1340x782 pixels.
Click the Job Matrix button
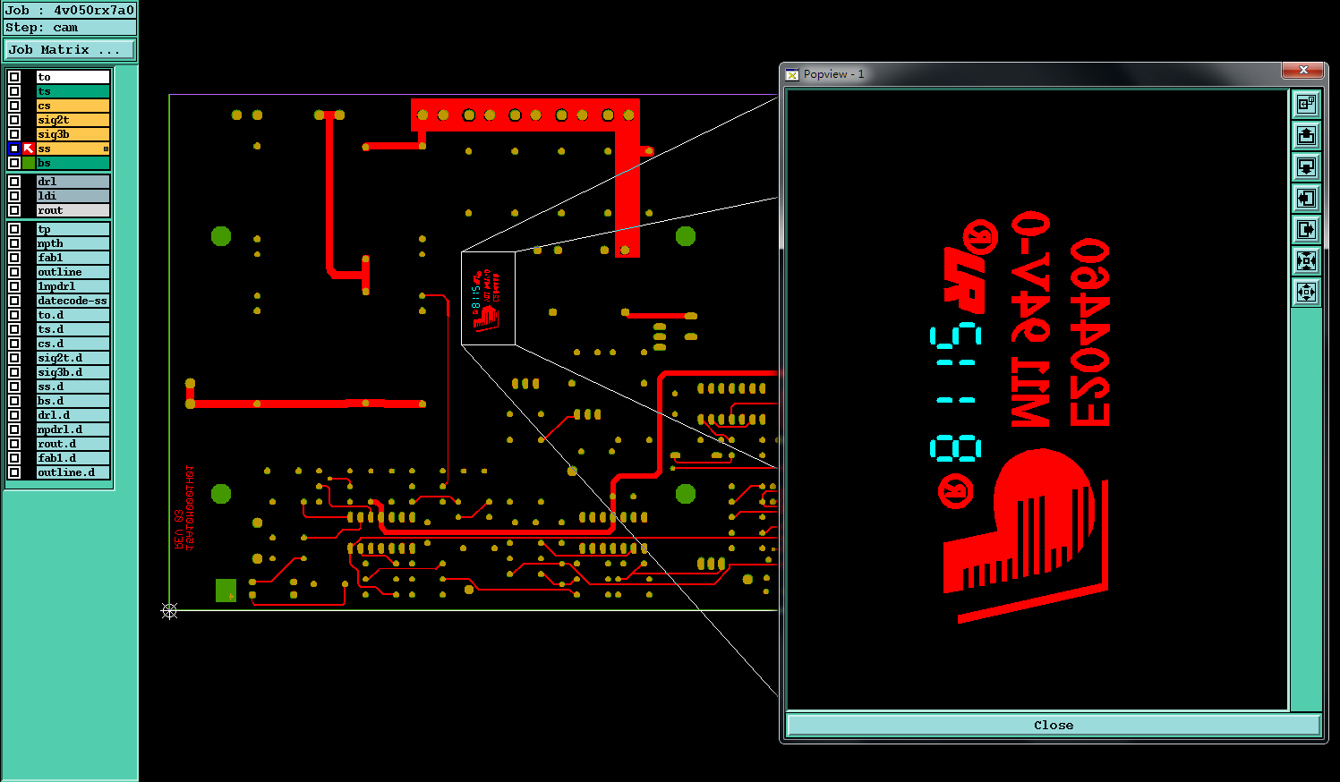(70, 50)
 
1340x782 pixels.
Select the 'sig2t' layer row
(73, 120)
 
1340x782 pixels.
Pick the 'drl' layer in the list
(73, 182)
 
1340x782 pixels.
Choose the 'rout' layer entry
(73, 210)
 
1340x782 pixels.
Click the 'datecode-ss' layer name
(73, 301)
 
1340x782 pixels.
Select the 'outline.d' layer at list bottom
(73, 472)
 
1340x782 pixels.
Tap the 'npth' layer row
(73, 243)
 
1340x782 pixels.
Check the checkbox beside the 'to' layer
(14, 77)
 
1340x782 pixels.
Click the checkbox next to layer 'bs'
(14, 163)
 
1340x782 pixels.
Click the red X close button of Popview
(1302, 71)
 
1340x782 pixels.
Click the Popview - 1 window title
(833, 74)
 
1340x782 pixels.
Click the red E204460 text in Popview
(1089, 332)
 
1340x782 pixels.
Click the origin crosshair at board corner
(169, 610)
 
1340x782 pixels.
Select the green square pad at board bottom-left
(226, 591)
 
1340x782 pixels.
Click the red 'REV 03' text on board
(179, 530)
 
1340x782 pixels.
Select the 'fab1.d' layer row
(73, 458)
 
